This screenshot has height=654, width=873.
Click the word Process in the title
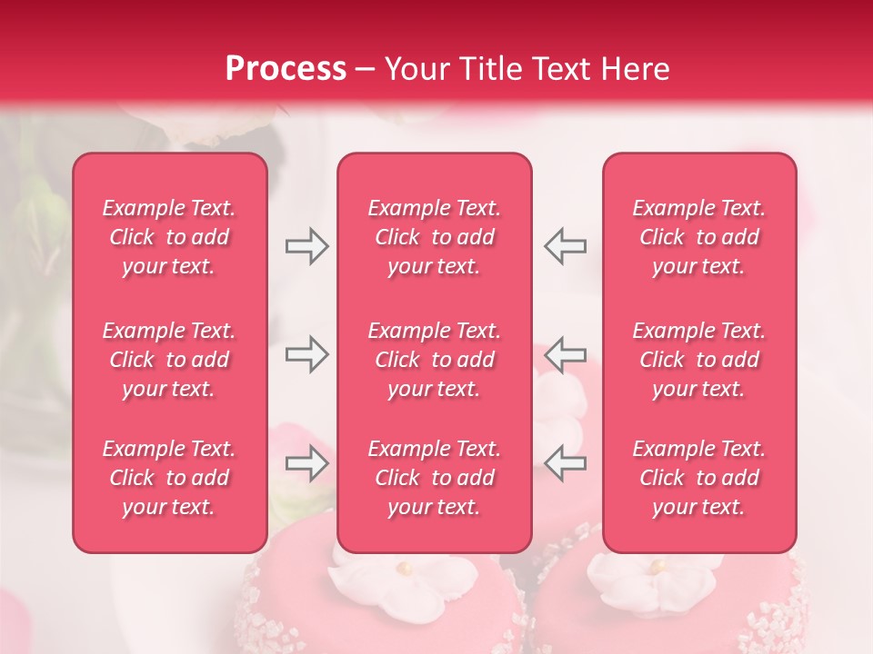[x=286, y=69]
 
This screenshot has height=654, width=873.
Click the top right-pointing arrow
[x=306, y=246]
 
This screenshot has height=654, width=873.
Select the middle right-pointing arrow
[x=306, y=354]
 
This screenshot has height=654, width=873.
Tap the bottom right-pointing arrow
[x=306, y=463]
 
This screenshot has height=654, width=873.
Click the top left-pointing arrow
[x=565, y=246]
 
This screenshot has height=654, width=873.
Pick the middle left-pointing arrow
[x=565, y=354]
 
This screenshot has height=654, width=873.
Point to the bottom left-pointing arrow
[x=565, y=463]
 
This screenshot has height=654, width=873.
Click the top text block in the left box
[x=169, y=237]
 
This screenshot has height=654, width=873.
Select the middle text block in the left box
[x=169, y=360]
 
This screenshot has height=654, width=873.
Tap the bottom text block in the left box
[x=169, y=478]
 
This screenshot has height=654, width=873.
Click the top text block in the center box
[x=435, y=237]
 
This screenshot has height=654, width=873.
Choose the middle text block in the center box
[x=435, y=360]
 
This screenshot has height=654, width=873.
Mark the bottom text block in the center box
[x=435, y=478]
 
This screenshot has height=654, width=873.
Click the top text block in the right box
[x=699, y=237]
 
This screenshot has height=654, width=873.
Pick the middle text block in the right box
[x=699, y=360]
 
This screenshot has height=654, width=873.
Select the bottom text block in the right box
[x=699, y=478]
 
